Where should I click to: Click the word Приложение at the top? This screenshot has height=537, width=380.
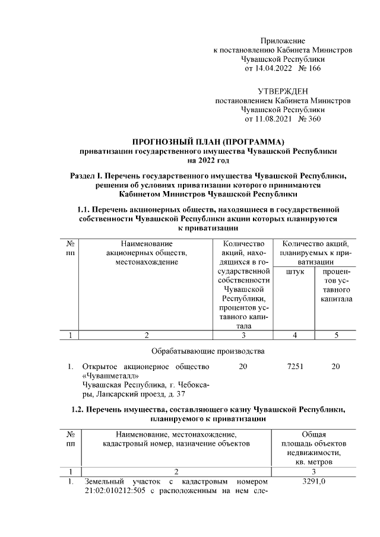[283, 41]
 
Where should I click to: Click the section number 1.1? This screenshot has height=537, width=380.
[86, 209]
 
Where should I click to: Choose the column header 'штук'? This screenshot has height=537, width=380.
[294, 271]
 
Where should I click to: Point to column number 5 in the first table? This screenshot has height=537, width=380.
[335, 336]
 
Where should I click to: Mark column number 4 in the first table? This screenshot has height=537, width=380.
[294, 336]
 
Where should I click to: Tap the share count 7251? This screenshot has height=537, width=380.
[294, 367]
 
